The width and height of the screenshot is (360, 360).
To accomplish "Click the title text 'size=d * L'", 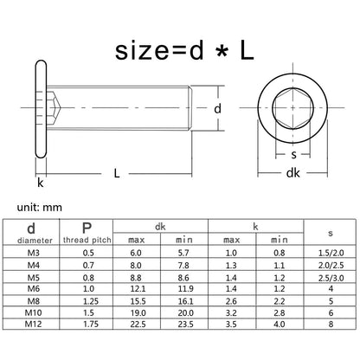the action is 184,51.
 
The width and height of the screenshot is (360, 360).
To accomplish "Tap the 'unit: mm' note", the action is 40,208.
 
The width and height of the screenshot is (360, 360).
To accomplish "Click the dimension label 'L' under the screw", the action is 117,173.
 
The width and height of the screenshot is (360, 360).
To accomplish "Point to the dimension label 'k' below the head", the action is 41,183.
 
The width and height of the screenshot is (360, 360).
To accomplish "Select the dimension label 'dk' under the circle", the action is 292,173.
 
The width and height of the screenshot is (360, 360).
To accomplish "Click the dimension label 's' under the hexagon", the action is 293,155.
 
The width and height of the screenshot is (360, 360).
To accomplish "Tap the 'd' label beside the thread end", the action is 217,109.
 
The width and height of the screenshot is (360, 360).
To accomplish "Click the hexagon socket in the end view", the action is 292,107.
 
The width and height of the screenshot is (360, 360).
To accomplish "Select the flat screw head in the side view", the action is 41,109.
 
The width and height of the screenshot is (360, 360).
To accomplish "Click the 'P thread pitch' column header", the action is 87,233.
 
